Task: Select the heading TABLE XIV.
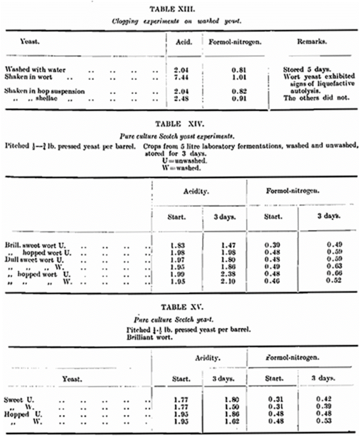click(180, 124)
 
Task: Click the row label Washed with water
click(35, 70)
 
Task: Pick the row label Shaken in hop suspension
click(44, 91)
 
